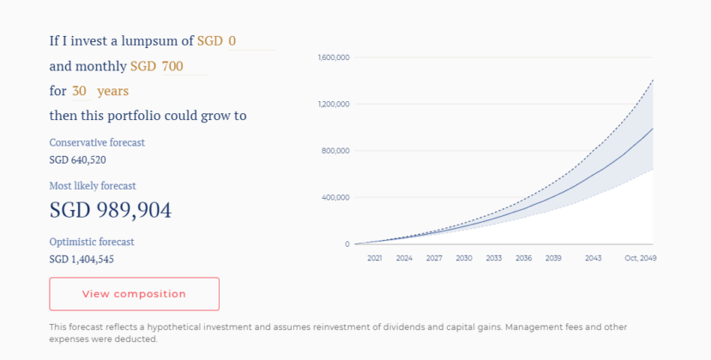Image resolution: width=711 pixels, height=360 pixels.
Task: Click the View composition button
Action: point(134,294)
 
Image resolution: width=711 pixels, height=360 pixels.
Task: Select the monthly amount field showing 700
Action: point(184,66)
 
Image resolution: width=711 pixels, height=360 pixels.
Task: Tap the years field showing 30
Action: point(80,91)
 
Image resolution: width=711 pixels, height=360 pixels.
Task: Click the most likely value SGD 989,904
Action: point(111,211)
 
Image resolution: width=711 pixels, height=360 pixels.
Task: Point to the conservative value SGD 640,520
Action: point(78,159)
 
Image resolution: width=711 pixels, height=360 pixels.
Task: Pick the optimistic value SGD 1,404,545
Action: point(81,259)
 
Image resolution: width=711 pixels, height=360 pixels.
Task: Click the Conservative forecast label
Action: point(97,142)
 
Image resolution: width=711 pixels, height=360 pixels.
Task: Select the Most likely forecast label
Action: point(93,185)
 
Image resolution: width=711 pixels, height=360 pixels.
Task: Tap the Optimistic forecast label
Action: point(92,242)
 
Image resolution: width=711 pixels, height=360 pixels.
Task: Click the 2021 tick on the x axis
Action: point(374,258)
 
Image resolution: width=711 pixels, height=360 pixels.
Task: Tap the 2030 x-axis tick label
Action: point(464,258)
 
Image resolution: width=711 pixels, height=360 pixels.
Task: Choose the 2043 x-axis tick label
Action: point(593,258)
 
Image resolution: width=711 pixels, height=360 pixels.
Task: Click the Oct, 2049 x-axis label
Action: point(640,258)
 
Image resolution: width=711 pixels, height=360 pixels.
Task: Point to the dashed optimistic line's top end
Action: point(653,80)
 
